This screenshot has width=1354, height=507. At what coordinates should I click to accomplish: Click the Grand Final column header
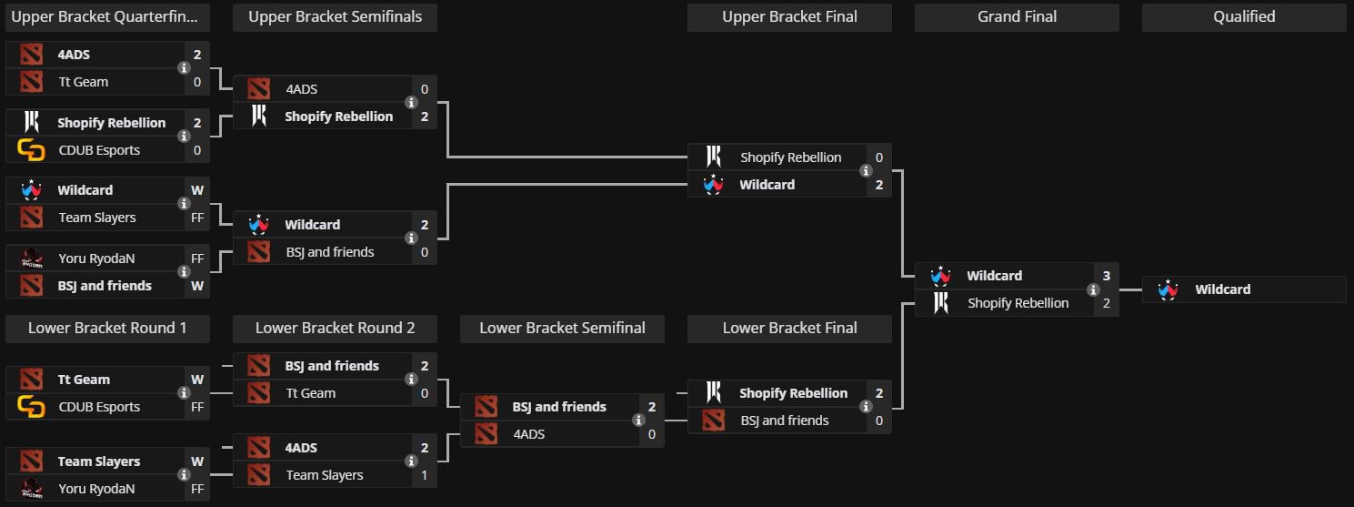tap(1016, 16)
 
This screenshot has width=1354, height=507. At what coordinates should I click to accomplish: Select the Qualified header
tap(1243, 16)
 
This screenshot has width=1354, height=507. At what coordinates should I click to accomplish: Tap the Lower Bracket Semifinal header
tap(562, 328)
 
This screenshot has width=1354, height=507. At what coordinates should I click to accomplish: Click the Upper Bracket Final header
tap(789, 16)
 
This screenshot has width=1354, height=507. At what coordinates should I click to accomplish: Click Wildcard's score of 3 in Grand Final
tap(1106, 276)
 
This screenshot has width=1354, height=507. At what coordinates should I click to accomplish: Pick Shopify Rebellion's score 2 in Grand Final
tap(1106, 303)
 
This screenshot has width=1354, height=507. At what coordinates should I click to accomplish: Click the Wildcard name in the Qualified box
tap(1222, 289)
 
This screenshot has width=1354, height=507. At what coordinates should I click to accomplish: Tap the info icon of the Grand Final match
tap(1093, 289)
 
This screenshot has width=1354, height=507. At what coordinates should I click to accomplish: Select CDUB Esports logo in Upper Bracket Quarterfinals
tap(31, 150)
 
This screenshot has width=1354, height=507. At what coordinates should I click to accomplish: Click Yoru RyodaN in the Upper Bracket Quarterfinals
tap(96, 259)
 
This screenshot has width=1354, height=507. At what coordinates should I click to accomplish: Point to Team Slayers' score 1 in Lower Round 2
tap(424, 475)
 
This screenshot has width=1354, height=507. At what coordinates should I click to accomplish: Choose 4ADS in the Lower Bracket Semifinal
tap(528, 434)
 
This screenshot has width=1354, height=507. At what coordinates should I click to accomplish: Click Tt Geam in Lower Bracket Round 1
tap(84, 380)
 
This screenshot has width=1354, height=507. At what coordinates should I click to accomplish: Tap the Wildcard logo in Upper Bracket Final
tap(713, 185)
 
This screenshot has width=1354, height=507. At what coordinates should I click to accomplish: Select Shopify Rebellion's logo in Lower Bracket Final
tap(713, 393)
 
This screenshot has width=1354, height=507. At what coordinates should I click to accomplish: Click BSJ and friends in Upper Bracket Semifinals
tap(329, 252)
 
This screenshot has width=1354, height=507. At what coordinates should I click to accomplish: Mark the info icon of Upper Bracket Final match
tap(866, 171)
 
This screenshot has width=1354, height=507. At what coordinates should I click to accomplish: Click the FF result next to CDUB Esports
tap(196, 407)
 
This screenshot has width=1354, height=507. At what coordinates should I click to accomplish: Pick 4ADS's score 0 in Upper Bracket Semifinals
tap(424, 89)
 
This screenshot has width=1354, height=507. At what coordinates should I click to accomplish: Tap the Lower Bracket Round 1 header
tap(107, 328)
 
